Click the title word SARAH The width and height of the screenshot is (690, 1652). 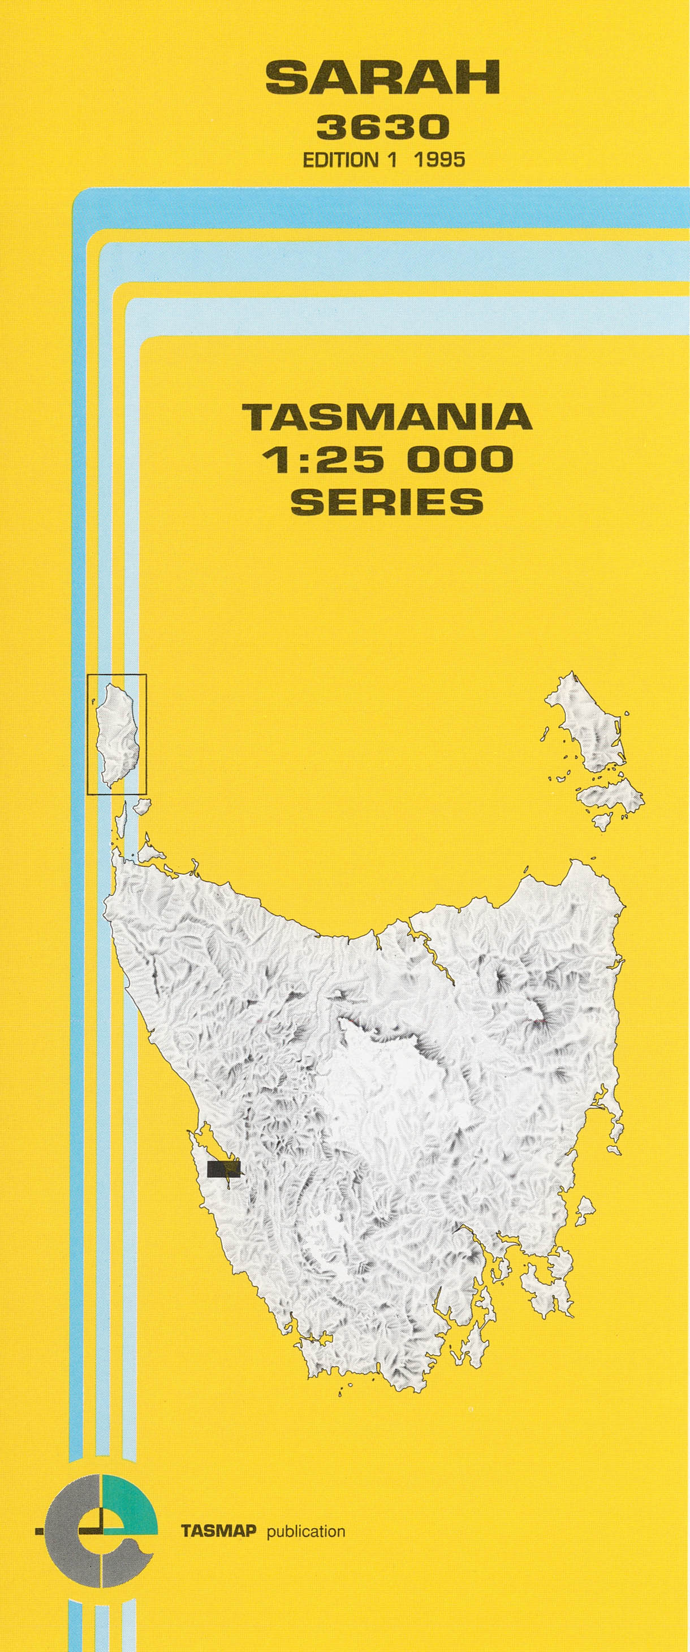pos(383,80)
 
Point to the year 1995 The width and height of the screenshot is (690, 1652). pos(439,160)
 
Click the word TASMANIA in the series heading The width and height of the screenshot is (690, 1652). pos(387,418)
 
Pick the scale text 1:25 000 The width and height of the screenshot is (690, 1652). pos(387,459)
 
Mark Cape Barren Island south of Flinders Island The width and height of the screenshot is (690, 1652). pos(609,796)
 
